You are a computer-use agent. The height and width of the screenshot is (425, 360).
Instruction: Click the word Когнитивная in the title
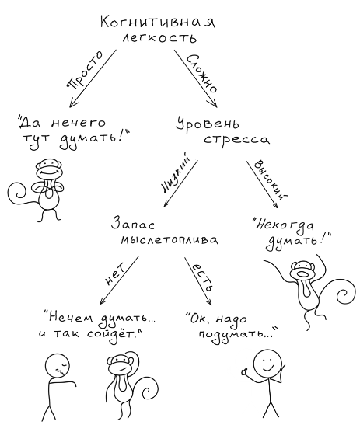(x=157, y=22)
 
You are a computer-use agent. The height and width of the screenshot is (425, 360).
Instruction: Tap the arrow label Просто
(x=85, y=70)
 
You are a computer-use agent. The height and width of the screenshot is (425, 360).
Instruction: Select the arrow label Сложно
(x=202, y=73)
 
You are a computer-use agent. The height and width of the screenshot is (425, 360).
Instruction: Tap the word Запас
(x=133, y=225)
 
